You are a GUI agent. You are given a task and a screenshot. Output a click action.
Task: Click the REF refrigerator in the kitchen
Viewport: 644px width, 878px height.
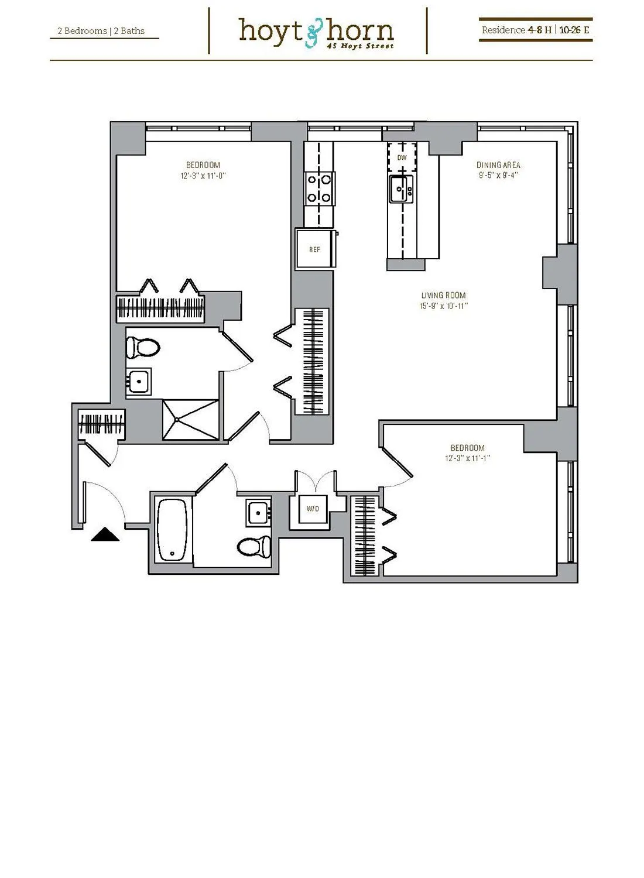315,249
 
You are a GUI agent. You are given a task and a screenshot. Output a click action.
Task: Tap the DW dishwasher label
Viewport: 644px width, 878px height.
402,158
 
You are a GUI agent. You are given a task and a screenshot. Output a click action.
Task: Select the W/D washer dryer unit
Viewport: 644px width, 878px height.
313,509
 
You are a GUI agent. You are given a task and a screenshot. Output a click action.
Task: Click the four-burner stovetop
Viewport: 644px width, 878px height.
320,188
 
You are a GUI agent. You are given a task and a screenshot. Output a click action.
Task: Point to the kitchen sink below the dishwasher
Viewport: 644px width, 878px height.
401,188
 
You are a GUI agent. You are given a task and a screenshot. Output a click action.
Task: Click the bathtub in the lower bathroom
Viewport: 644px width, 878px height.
172,529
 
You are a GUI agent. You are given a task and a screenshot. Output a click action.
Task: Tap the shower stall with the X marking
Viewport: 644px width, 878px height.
190,419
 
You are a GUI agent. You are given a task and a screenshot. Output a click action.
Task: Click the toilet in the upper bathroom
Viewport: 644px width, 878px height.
143,348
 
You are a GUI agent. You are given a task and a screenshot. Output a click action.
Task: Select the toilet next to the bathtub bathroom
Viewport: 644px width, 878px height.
255,547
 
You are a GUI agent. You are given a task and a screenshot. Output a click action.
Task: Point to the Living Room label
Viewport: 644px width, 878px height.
444,296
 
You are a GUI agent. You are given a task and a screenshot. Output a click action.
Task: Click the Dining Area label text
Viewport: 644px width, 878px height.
498,165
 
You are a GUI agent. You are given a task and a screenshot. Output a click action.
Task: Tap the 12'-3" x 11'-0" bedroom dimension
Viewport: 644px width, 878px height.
203,176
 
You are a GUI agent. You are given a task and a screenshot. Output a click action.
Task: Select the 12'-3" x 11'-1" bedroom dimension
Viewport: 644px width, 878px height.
467,458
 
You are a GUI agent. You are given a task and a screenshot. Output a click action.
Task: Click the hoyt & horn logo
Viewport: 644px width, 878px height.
316,32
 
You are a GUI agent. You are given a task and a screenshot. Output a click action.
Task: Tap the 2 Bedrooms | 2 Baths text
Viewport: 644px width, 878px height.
101,31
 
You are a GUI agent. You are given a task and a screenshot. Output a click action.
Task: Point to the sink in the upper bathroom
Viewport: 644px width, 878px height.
139,382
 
